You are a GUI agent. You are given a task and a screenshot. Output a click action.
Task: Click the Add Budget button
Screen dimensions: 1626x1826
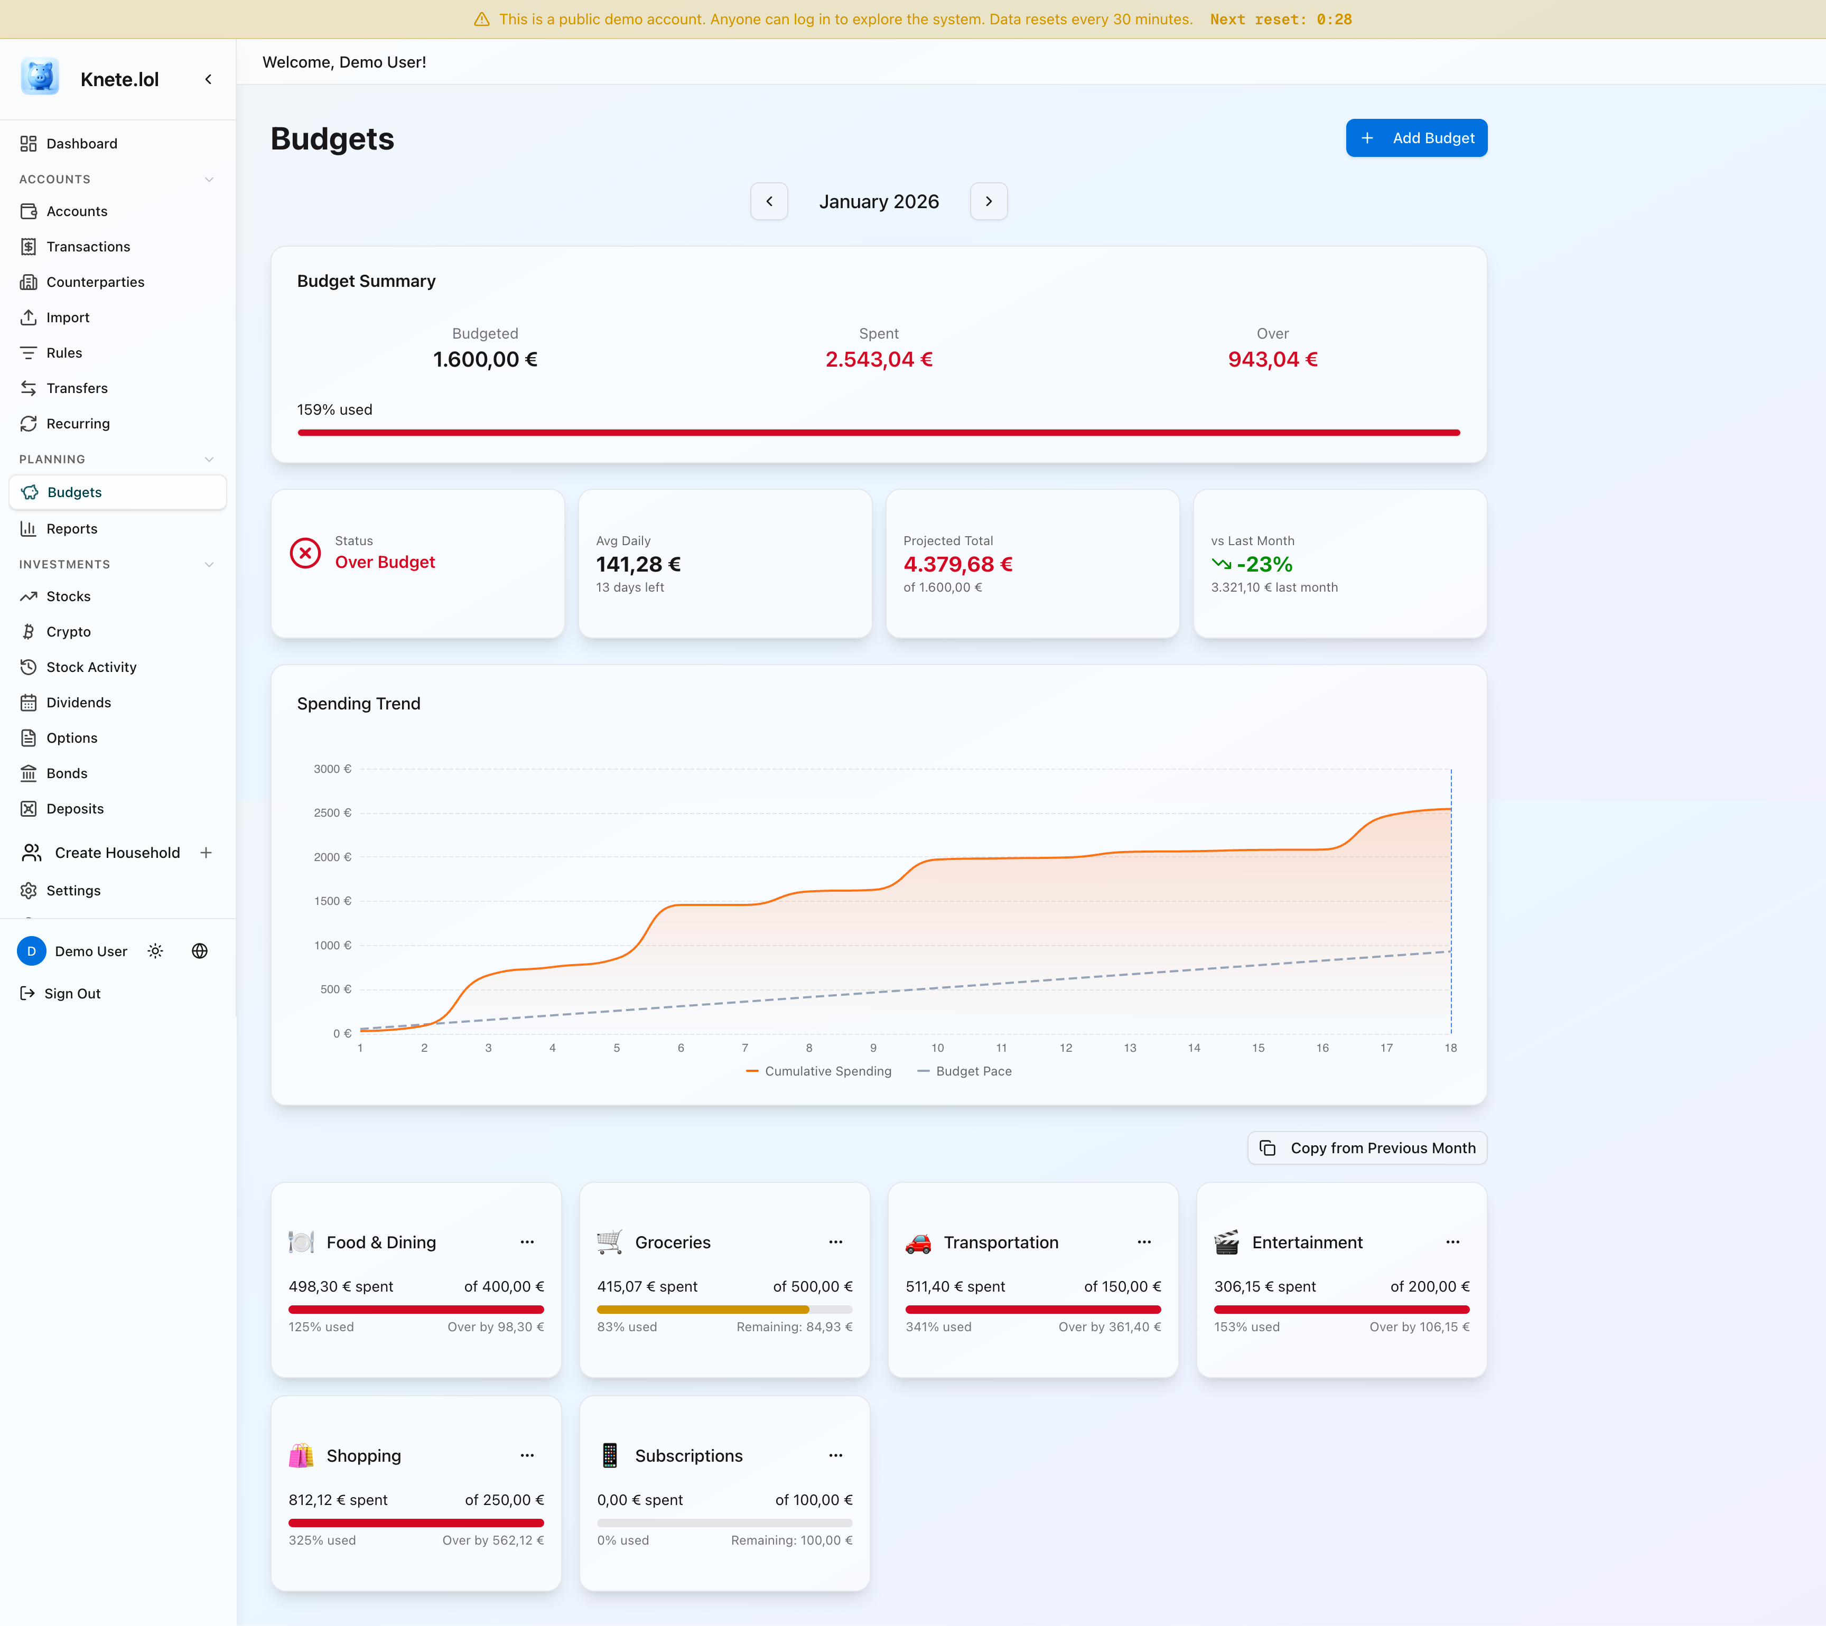(1416, 137)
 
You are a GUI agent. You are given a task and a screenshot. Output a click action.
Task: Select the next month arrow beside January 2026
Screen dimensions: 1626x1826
(988, 201)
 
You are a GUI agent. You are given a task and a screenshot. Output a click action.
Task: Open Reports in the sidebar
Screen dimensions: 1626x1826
(71, 529)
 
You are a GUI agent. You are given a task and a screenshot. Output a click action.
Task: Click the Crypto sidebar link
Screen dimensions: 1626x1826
(68, 632)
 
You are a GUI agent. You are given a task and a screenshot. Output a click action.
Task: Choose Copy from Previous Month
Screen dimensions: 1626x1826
(1367, 1148)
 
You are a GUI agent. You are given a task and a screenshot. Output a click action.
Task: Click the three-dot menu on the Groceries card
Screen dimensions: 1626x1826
(835, 1242)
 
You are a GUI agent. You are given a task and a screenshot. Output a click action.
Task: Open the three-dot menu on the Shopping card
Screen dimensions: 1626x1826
(527, 1455)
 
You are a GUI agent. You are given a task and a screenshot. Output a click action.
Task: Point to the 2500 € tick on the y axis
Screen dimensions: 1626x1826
(332, 813)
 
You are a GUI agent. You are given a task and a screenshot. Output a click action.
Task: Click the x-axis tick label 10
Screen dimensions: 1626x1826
(937, 1048)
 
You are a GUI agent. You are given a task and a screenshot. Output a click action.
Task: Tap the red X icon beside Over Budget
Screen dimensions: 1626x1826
(305, 553)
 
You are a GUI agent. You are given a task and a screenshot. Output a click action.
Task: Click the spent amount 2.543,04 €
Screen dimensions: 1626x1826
(878, 359)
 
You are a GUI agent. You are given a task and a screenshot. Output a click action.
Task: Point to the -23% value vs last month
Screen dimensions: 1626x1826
(1263, 565)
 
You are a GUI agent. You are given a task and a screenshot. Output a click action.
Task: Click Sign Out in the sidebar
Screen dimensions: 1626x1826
(71, 994)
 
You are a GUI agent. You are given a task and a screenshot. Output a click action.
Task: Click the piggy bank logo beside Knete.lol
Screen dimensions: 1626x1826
(40, 78)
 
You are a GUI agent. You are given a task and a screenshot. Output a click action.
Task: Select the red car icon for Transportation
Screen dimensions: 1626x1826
(917, 1242)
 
